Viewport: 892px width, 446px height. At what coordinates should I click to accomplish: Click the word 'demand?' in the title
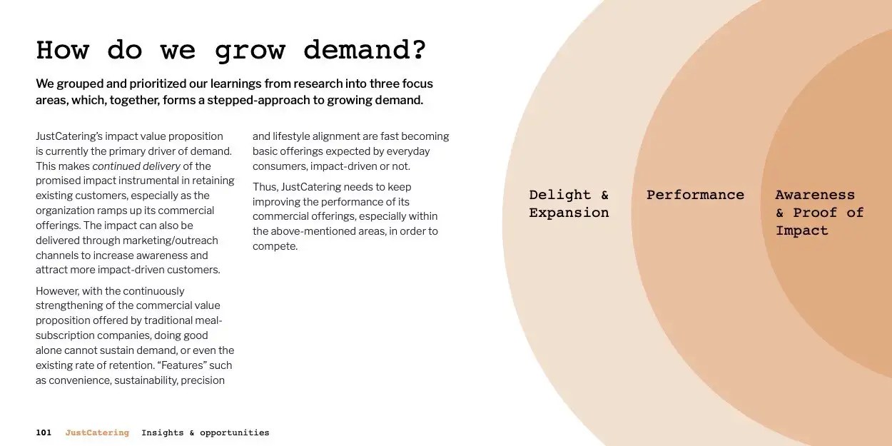click(365, 51)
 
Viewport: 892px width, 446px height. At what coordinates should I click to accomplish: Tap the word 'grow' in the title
click(250, 53)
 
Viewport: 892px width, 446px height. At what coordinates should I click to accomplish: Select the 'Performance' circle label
click(695, 195)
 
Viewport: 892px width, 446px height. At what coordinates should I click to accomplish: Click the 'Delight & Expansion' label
click(569, 204)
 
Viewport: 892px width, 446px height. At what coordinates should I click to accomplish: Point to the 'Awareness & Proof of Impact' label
click(819, 213)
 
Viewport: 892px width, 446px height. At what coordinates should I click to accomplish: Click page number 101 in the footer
click(44, 432)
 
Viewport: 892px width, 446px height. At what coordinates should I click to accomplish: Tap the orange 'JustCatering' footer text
click(97, 432)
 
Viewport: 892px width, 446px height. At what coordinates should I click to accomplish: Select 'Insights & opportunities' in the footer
click(206, 433)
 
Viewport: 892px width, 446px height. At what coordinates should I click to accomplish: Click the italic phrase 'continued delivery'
click(136, 166)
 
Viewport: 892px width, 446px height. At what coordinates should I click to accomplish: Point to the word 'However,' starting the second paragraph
click(57, 291)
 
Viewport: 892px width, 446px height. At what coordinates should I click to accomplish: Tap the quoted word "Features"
click(183, 365)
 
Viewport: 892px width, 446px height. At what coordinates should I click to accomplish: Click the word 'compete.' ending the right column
click(275, 246)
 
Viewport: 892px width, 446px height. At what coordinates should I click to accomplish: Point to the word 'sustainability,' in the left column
click(146, 380)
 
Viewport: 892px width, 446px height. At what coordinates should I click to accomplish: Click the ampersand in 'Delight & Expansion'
click(605, 195)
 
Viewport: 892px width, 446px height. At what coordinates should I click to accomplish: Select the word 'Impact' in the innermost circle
click(802, 231)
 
